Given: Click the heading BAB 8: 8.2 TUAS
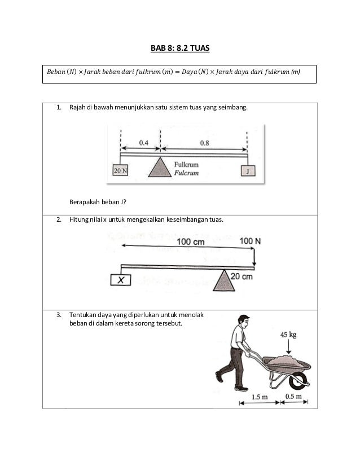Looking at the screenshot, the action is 180,48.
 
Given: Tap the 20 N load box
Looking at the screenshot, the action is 120,170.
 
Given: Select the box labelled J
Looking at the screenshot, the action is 248,171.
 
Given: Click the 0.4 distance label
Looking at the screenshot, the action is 143,143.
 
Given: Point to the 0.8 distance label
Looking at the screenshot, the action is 204,143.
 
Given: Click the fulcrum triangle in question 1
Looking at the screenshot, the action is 160,168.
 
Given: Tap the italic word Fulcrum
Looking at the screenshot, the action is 186,173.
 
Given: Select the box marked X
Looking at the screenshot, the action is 121,280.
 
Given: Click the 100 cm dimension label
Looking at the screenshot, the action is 191,242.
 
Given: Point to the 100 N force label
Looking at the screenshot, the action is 251,241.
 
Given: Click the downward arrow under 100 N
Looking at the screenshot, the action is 254,257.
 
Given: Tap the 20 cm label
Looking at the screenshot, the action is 242,276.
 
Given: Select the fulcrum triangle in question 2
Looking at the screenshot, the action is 224,280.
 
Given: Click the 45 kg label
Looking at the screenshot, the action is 288,335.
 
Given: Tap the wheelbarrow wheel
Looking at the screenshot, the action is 298,381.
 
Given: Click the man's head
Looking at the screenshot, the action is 243,321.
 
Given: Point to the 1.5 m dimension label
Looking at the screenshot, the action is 260,397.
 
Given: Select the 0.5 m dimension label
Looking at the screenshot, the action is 294,397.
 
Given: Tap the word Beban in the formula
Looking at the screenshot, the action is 56,72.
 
